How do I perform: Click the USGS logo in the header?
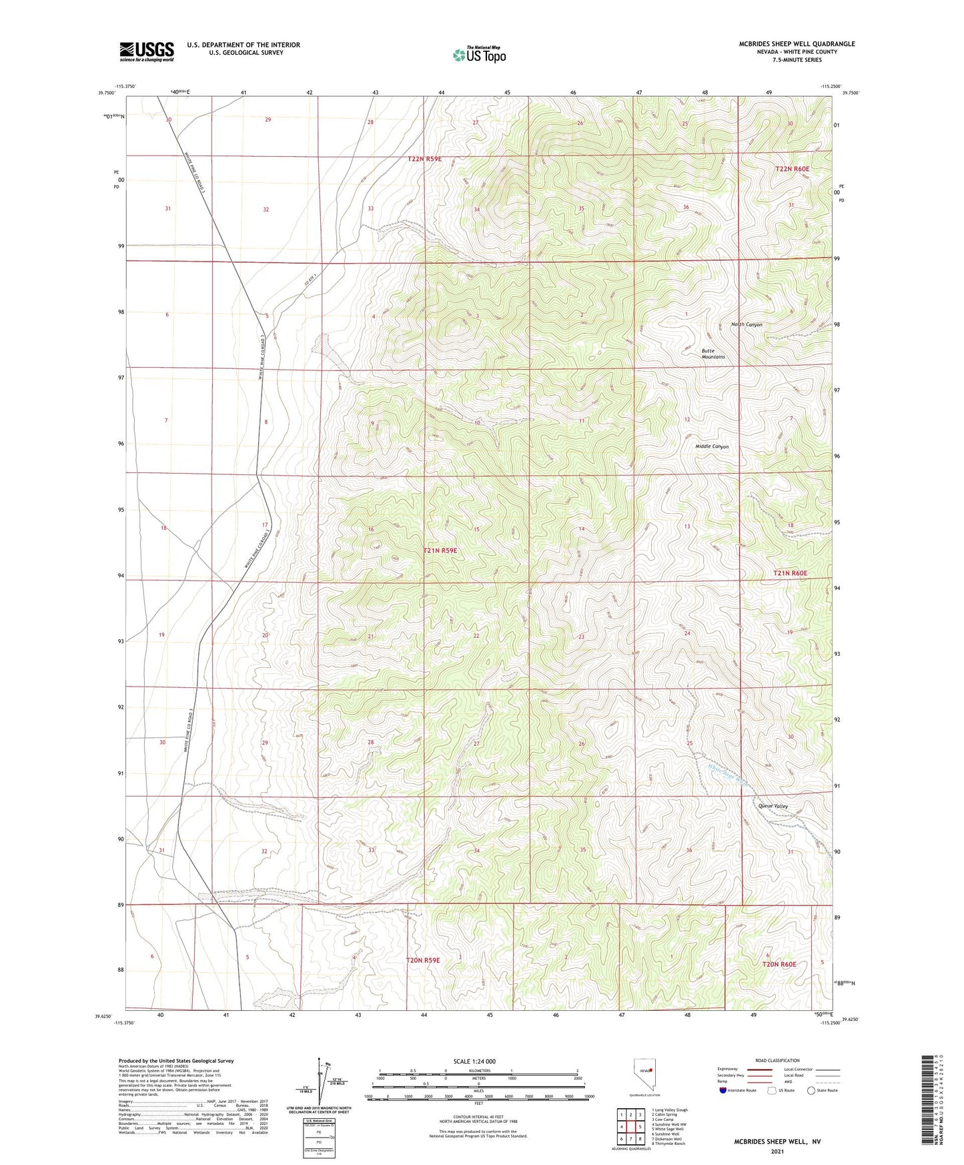pos(147,51)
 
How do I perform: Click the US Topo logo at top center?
pos(478,55)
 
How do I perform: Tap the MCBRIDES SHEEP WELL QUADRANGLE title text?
pos(797,44)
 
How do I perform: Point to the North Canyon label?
pos(747,325)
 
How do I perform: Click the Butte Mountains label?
pos(712,354)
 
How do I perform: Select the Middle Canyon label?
pos(712,446)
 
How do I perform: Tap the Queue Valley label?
pos(773,806)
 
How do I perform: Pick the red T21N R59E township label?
pos(440,550)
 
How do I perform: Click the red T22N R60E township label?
pos(792,169)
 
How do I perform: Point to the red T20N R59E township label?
pos(423,960)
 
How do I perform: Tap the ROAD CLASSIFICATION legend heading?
pos(777,1060)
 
